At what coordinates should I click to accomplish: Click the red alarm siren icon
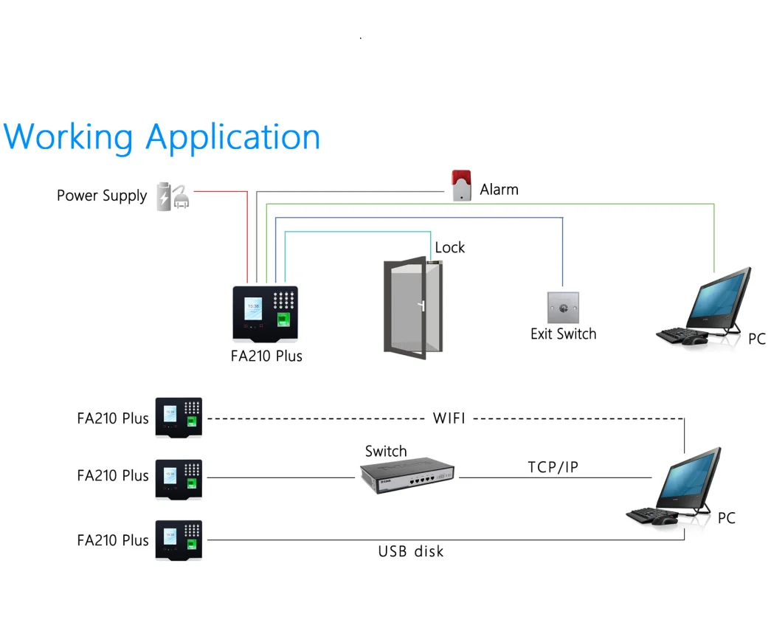click(x=461, y=186)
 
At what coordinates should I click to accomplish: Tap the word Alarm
click(x=499, y=190)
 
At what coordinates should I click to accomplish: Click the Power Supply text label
click(x=102, y=196)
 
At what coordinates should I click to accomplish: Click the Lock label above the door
click(x=449, y=248)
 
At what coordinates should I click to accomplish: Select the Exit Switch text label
click(x=563, y=334)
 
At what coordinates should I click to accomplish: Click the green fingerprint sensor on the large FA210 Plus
click(x=285, y=320)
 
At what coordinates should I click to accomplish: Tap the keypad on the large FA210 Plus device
click(x=284, y=300)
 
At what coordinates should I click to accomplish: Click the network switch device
click(x=407, y=475)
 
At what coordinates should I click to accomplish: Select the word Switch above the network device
click(x=385, y=451)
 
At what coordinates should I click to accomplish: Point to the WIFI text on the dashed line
click(x=449, y=418)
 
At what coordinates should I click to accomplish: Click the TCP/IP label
click(x=553, y=467)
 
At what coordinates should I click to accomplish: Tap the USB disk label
click(x=411, y=551)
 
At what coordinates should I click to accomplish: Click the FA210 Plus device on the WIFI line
click(x=179, y=418)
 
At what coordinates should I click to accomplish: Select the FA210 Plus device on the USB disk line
click(x=179, y=540)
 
